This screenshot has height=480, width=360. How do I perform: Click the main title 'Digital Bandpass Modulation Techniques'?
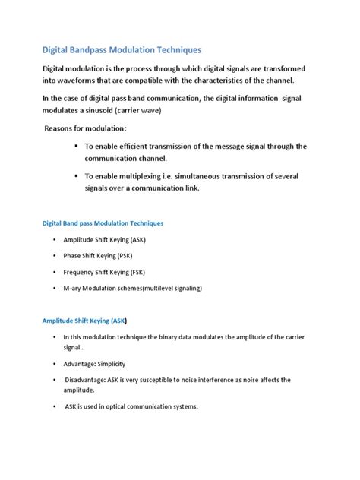(x=122, y=50)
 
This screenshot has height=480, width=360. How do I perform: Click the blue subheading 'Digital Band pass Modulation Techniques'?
(x=102, y=223)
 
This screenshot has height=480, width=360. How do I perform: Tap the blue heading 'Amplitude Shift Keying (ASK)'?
(x=84, y=321)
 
